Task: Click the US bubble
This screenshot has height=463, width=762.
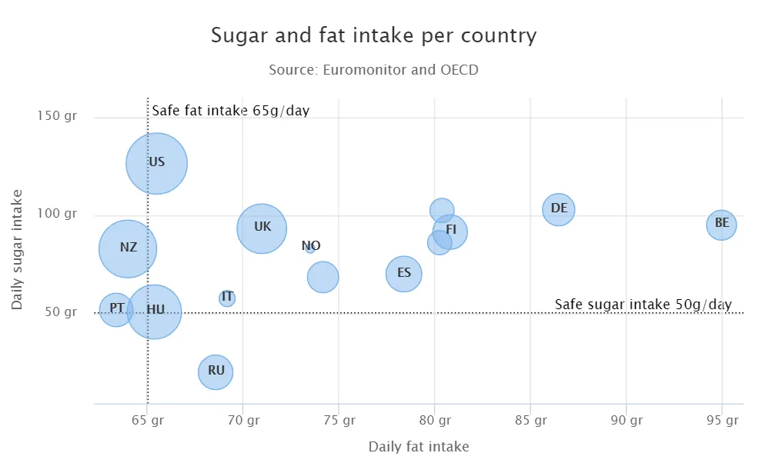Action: [x=157, y=163]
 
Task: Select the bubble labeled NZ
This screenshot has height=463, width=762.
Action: [x=128, y=248]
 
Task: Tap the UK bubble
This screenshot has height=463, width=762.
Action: [x=262, y=228]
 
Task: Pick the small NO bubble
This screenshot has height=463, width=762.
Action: [x=310, y=248]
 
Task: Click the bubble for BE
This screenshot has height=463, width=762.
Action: [x=721, y=225]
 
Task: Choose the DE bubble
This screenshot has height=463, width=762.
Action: [x=559, y=209]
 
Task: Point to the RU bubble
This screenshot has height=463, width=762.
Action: [x=216, y=372]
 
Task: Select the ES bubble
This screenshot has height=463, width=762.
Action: [x=404, y=274]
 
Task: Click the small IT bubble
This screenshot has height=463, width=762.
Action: [x=227, y=298]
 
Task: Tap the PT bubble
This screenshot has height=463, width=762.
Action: [x=116, y=309]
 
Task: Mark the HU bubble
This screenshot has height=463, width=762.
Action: [x=155, y=311]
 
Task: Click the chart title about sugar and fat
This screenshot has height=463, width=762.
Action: [x=373, y=35]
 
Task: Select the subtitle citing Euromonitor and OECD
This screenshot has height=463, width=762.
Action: [x=373, y=70]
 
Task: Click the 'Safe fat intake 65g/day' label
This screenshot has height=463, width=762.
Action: [x=230, y=111]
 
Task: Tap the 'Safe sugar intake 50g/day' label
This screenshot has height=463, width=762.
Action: [x=643, y=305]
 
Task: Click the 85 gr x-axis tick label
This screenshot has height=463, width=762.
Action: [x=530, y=421]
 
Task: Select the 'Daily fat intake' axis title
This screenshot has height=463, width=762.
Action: [x=418, y=446]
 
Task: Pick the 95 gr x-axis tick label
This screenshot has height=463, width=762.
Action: [x=722, y=421]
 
